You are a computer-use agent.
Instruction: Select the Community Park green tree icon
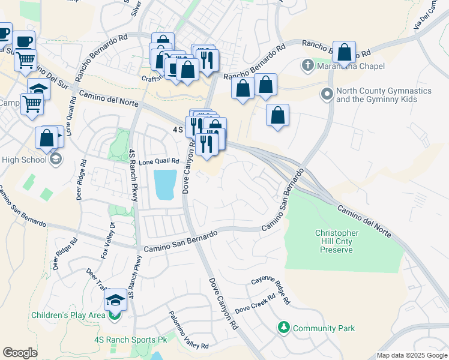point(283,328)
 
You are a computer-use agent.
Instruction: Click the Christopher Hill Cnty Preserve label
point(337,241)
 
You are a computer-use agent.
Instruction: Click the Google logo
point(20,353)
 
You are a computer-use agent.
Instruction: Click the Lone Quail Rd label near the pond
point(159,161)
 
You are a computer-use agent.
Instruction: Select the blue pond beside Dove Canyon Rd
point(165,185)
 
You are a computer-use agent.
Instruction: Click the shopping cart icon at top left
point(25,59)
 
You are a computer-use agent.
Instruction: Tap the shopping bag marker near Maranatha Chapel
point(345,52)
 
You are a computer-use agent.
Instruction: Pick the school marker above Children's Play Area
point(115,300)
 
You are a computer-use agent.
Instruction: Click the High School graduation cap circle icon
point(56,160)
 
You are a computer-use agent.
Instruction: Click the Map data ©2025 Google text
point(411,355)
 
